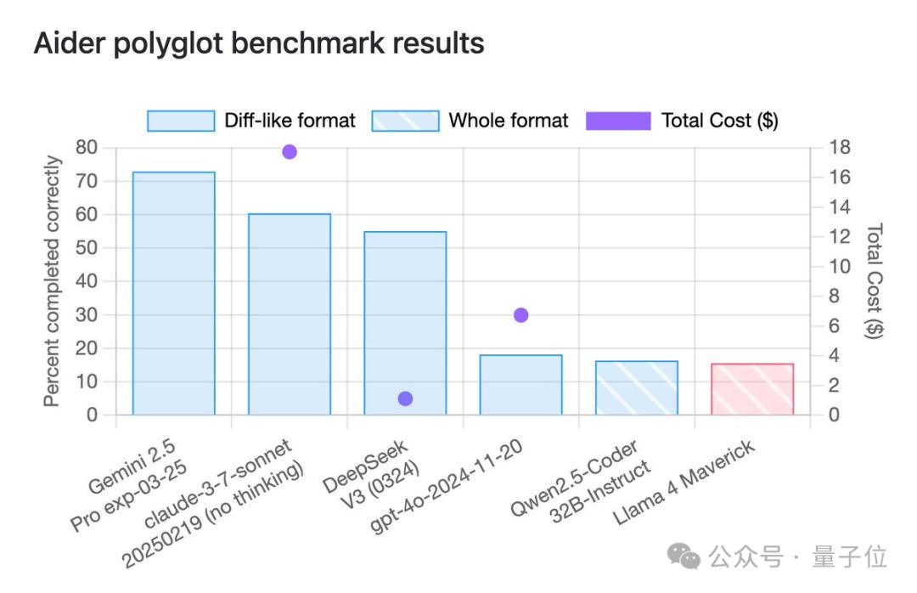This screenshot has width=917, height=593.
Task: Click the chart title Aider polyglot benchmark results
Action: click(x=259, y=43)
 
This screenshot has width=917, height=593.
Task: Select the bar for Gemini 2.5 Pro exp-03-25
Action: click(x=174, y=293)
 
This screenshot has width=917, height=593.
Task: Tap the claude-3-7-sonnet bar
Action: click(x=290, y=314)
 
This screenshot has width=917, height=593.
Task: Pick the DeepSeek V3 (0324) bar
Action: click(x=405, y=323)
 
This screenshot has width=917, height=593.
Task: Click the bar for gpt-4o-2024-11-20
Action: click(x=520, y=385)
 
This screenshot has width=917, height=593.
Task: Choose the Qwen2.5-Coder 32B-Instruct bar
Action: click(x=636, y=388)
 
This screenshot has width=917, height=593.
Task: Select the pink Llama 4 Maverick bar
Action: click(x=752, y=389)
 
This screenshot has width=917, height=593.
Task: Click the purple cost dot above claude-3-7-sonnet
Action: click(x=290, y=152)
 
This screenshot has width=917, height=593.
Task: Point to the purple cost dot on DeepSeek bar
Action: click(x=405, y=398)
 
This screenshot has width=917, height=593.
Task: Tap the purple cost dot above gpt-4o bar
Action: click(x=521, y=315)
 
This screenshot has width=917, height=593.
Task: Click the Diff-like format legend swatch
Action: click(x=181, y=121)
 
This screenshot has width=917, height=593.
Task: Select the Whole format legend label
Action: click(x=509, y=121)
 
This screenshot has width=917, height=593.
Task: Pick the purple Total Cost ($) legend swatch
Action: click(x=618, y=121)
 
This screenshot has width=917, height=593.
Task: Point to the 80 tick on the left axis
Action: click(x=87, y=148)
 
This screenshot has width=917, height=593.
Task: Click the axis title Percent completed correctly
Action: click(x=53, y=281)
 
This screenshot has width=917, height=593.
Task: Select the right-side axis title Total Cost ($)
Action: click(x=874, y=281)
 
